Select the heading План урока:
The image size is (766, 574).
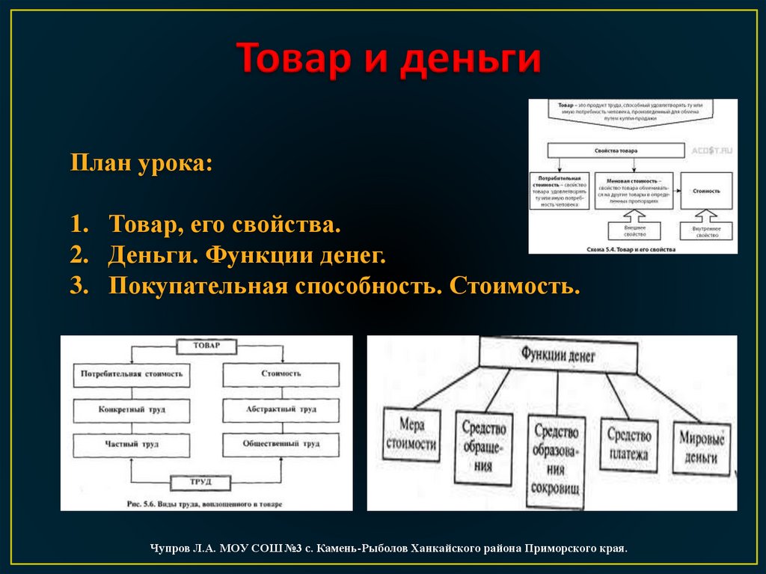tap(141, 162)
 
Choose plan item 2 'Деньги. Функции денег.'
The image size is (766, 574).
tap(247, 256)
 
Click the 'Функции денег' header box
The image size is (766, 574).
tap(558, 355)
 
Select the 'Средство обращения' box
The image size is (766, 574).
tap(484, 447)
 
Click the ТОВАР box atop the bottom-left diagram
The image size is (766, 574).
tap(206, 346)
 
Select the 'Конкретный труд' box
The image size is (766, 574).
tap(132, 410)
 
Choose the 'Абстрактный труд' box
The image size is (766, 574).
tap(281, 410)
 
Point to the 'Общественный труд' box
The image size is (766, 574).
tap(281, 444)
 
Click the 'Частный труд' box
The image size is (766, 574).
tap(132, 444)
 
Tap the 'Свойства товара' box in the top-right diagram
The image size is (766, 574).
tap(616, 150)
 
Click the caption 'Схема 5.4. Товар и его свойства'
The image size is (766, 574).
tap(633, 248)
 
